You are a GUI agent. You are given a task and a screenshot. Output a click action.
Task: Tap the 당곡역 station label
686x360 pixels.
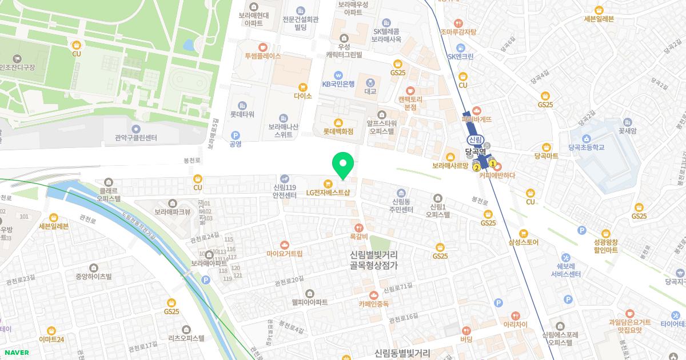pyautogui.click(x=475, y=153)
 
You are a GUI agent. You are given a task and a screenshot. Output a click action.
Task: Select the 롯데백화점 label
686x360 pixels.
pyautogui.click(x=338, y=131)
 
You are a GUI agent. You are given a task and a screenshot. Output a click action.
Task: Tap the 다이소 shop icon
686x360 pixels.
pyautogui.click(x=303, y=87)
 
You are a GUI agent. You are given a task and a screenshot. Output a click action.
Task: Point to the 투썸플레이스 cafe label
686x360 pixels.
pyautogui.click(x=262, y=57)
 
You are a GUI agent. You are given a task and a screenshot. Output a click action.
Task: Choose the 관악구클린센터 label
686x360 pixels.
pyautogui.click(x=135, y=138)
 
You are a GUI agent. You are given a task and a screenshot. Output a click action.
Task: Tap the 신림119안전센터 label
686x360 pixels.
pyautogui.click(x=285, y=191)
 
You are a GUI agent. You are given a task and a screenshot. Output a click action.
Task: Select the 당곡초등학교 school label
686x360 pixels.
pyautogui.click(x=587, y=147)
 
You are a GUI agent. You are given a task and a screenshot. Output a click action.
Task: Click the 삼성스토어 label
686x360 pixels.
pyautogui.click(x=523, y=242)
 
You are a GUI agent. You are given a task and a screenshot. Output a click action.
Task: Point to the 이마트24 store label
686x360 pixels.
pyautogui.click(x=51, y=339)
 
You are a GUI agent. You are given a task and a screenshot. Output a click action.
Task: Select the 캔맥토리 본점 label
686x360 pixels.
pyautogui.click(x=410, y=103)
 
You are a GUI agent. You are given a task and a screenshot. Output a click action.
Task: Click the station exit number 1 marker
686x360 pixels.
pyautogui.click(x=492, y=163)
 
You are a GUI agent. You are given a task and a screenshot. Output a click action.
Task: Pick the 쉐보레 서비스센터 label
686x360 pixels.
pyautogui.click(x=566, y=269)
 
